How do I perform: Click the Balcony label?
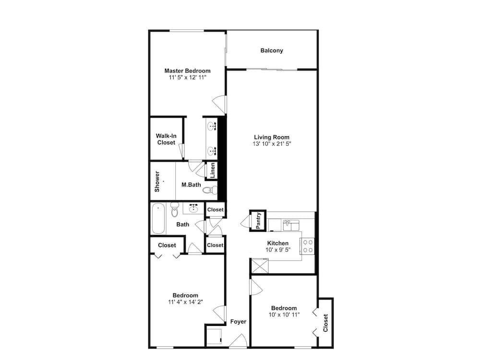point(272,50)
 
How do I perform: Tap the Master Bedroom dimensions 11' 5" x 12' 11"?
point(187,77)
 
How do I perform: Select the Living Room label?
point(272,137)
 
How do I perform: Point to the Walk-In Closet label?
point(166,139)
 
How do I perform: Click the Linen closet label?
point(213,170)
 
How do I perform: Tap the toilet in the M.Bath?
point(210,190)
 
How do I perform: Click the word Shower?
point(157,181)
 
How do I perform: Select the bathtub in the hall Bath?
point(158,218)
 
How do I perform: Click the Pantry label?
point(258,220)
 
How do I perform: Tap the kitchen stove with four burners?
point(307,246)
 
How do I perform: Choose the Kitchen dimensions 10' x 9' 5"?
point(278,250)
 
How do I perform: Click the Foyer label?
point(238,322)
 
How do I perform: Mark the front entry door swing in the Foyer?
point(239,340)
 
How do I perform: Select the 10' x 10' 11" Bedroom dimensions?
point(284,315)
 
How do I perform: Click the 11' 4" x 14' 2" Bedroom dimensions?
point(185,302)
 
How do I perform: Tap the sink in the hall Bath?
point(193,208)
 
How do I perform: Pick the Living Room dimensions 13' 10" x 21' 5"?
point(272,144)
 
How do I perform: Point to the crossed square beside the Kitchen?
point(260,266)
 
